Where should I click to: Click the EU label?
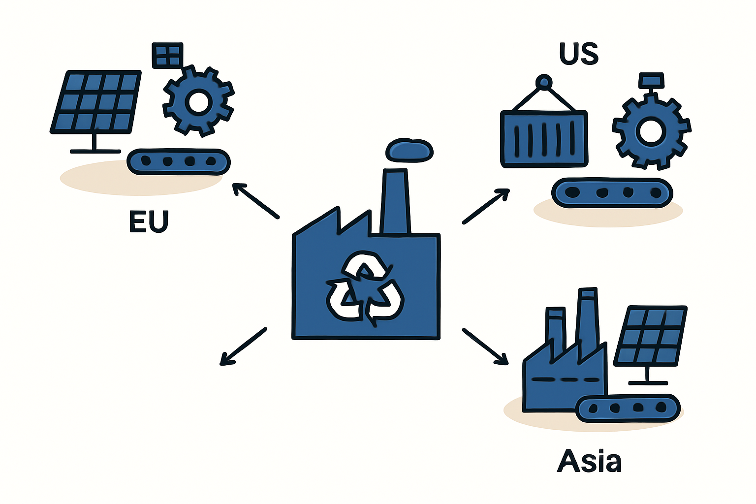tap(149, 221)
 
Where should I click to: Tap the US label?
tap(579, 53)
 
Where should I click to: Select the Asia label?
tap(589, 461)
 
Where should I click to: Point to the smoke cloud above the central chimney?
tap(409, 150)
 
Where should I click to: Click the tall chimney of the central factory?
tap(396, 201)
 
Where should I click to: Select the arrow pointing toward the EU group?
tap(256, 201)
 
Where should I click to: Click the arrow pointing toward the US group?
tap(486, 206)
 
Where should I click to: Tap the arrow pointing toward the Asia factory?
tap(485, 346)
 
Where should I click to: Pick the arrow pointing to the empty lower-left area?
tap(243, 346)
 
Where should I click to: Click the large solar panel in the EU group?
tap(95, 102)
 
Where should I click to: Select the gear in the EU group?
tap(198, 101)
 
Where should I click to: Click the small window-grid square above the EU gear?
tap(167, 55)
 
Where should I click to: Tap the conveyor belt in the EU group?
tap(179, 162)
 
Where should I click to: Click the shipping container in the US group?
tap(544, 139)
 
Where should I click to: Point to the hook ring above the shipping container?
tap(544, 82)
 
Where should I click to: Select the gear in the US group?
tap(651, 131)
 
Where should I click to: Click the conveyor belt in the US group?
tap(612, 192)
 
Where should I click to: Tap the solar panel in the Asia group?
tap(650, 336)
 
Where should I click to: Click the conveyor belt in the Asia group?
tap(628, 408)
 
